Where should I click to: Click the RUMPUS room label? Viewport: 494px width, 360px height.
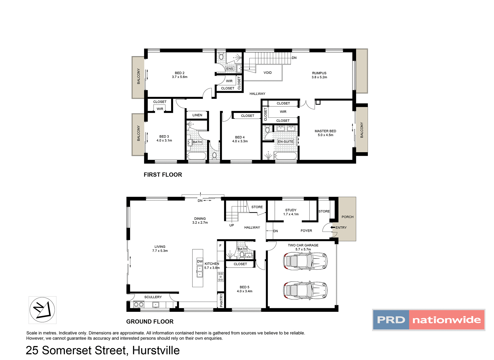[319, 73]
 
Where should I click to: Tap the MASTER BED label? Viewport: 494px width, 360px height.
[325, 131]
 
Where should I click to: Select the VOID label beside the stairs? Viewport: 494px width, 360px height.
[268, 73]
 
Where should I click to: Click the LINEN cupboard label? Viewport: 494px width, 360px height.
[197, 115]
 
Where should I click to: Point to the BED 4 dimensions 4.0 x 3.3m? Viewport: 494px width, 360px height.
[240, 141]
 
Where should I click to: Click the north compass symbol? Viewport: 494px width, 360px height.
[42, 310]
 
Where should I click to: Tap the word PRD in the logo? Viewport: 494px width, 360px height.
[391, 320]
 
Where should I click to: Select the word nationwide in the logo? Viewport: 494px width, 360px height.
[446, 320]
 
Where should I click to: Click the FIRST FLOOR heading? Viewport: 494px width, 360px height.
[163, 175]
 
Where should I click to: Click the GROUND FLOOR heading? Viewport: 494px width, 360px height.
[150, 321]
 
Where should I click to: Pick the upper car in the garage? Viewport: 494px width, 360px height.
[305, 261]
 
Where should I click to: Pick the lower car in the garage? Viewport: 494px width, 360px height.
[305, 290]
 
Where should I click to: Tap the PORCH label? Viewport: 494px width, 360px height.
[347, 217]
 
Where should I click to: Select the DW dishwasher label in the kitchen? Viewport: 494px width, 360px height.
[200, 261]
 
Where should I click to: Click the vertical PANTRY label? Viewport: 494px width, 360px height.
[221, 301]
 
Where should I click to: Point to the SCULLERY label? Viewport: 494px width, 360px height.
[153, 297]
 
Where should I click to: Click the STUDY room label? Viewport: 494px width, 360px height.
[291, 210]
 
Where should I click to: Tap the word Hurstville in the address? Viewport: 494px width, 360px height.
[156, 350]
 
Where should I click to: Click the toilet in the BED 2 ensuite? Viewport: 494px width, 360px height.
[221, 57]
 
